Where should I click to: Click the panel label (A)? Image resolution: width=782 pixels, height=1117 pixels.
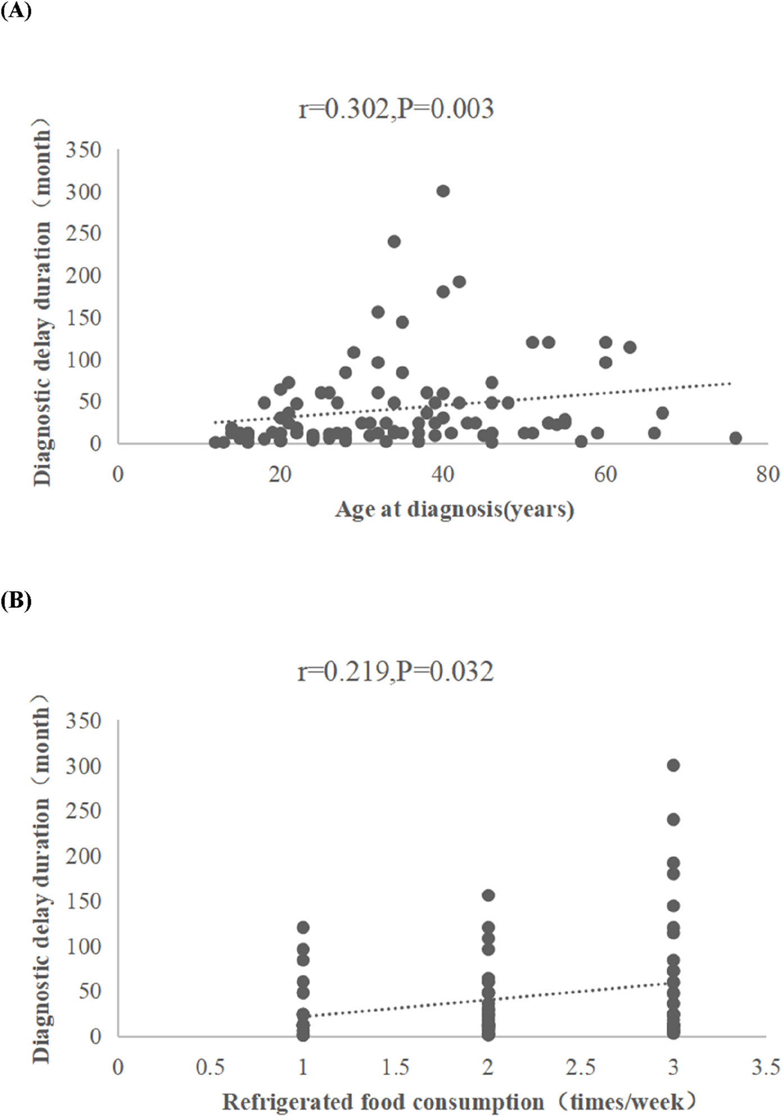[x=16, y=11]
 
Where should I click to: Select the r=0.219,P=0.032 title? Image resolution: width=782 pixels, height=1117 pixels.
[x=396, y=671]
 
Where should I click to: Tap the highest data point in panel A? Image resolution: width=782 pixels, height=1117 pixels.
[x=443, y=191]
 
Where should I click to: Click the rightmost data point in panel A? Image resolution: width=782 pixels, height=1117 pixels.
[x=735, y=438]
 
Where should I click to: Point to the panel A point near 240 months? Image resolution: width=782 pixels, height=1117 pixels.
[x=394, y=242]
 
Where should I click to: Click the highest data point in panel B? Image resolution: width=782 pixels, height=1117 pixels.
[x=673, y=765]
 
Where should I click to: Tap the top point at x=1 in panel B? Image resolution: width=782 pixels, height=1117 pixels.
[x=303, y=927]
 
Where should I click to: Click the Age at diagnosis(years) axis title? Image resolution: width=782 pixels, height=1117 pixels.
[x=454, y=510]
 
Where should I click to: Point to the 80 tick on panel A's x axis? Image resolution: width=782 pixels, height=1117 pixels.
[x=767, y=475]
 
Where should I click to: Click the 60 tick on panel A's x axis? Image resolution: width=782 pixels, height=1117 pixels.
[x=605, y=475]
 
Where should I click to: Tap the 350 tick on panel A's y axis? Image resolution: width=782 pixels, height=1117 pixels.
[x=83, y=150]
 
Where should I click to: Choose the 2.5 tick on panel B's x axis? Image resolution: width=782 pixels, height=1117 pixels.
[x=580, y=1067]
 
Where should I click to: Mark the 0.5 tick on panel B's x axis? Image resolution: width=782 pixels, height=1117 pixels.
[x=210, y=1067]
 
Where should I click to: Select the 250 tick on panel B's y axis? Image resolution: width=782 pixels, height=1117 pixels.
[x=83, y=811]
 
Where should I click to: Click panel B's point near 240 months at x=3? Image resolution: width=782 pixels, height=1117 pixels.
[x=673, y=820]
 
